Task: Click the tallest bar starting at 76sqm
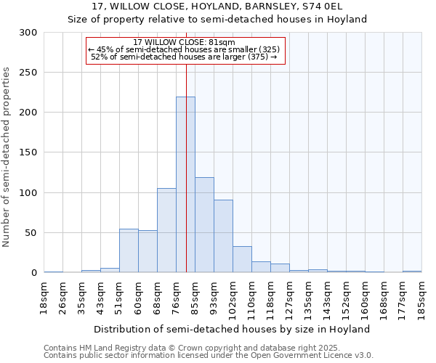[x=185, y=185]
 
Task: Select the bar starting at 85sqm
[x=204, y=225]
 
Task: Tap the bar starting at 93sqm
[x=223, y=236]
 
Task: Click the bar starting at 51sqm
[x=129, y=250]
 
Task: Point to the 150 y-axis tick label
[x=28, y=152]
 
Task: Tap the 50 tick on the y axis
[x=31, y=233]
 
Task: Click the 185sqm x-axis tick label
[x=421, y=298]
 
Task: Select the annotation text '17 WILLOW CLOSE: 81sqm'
[x=185, y=42]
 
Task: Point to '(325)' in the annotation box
[x=270, y=49]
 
